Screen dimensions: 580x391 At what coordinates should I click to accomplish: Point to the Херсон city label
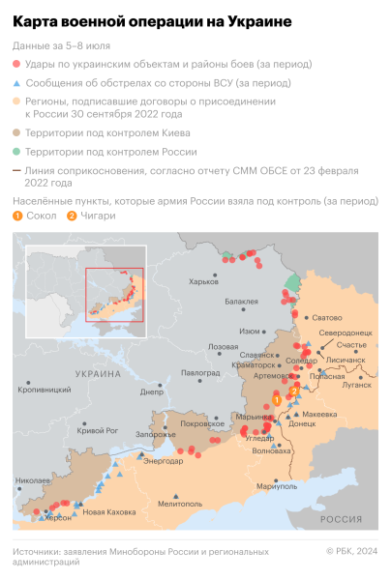[x=56, y=518]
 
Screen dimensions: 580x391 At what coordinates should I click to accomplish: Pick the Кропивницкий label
[x=45, y=390]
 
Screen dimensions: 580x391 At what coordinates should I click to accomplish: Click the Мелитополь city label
[x=181, y=503]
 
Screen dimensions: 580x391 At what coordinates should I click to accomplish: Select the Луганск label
[x=356, y=384]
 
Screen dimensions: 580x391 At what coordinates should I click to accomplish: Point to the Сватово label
[x=327, y=317]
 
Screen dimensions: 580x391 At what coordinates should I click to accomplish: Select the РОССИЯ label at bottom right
[x=341, y=519]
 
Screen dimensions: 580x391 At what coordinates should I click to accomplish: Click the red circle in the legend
[x=17, y=64]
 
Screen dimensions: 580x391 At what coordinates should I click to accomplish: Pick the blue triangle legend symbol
[x=17, y=83]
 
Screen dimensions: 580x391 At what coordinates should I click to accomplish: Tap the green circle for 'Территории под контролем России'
[x=17, y=153]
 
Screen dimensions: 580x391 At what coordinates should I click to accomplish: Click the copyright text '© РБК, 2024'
[x=351, y=552]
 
